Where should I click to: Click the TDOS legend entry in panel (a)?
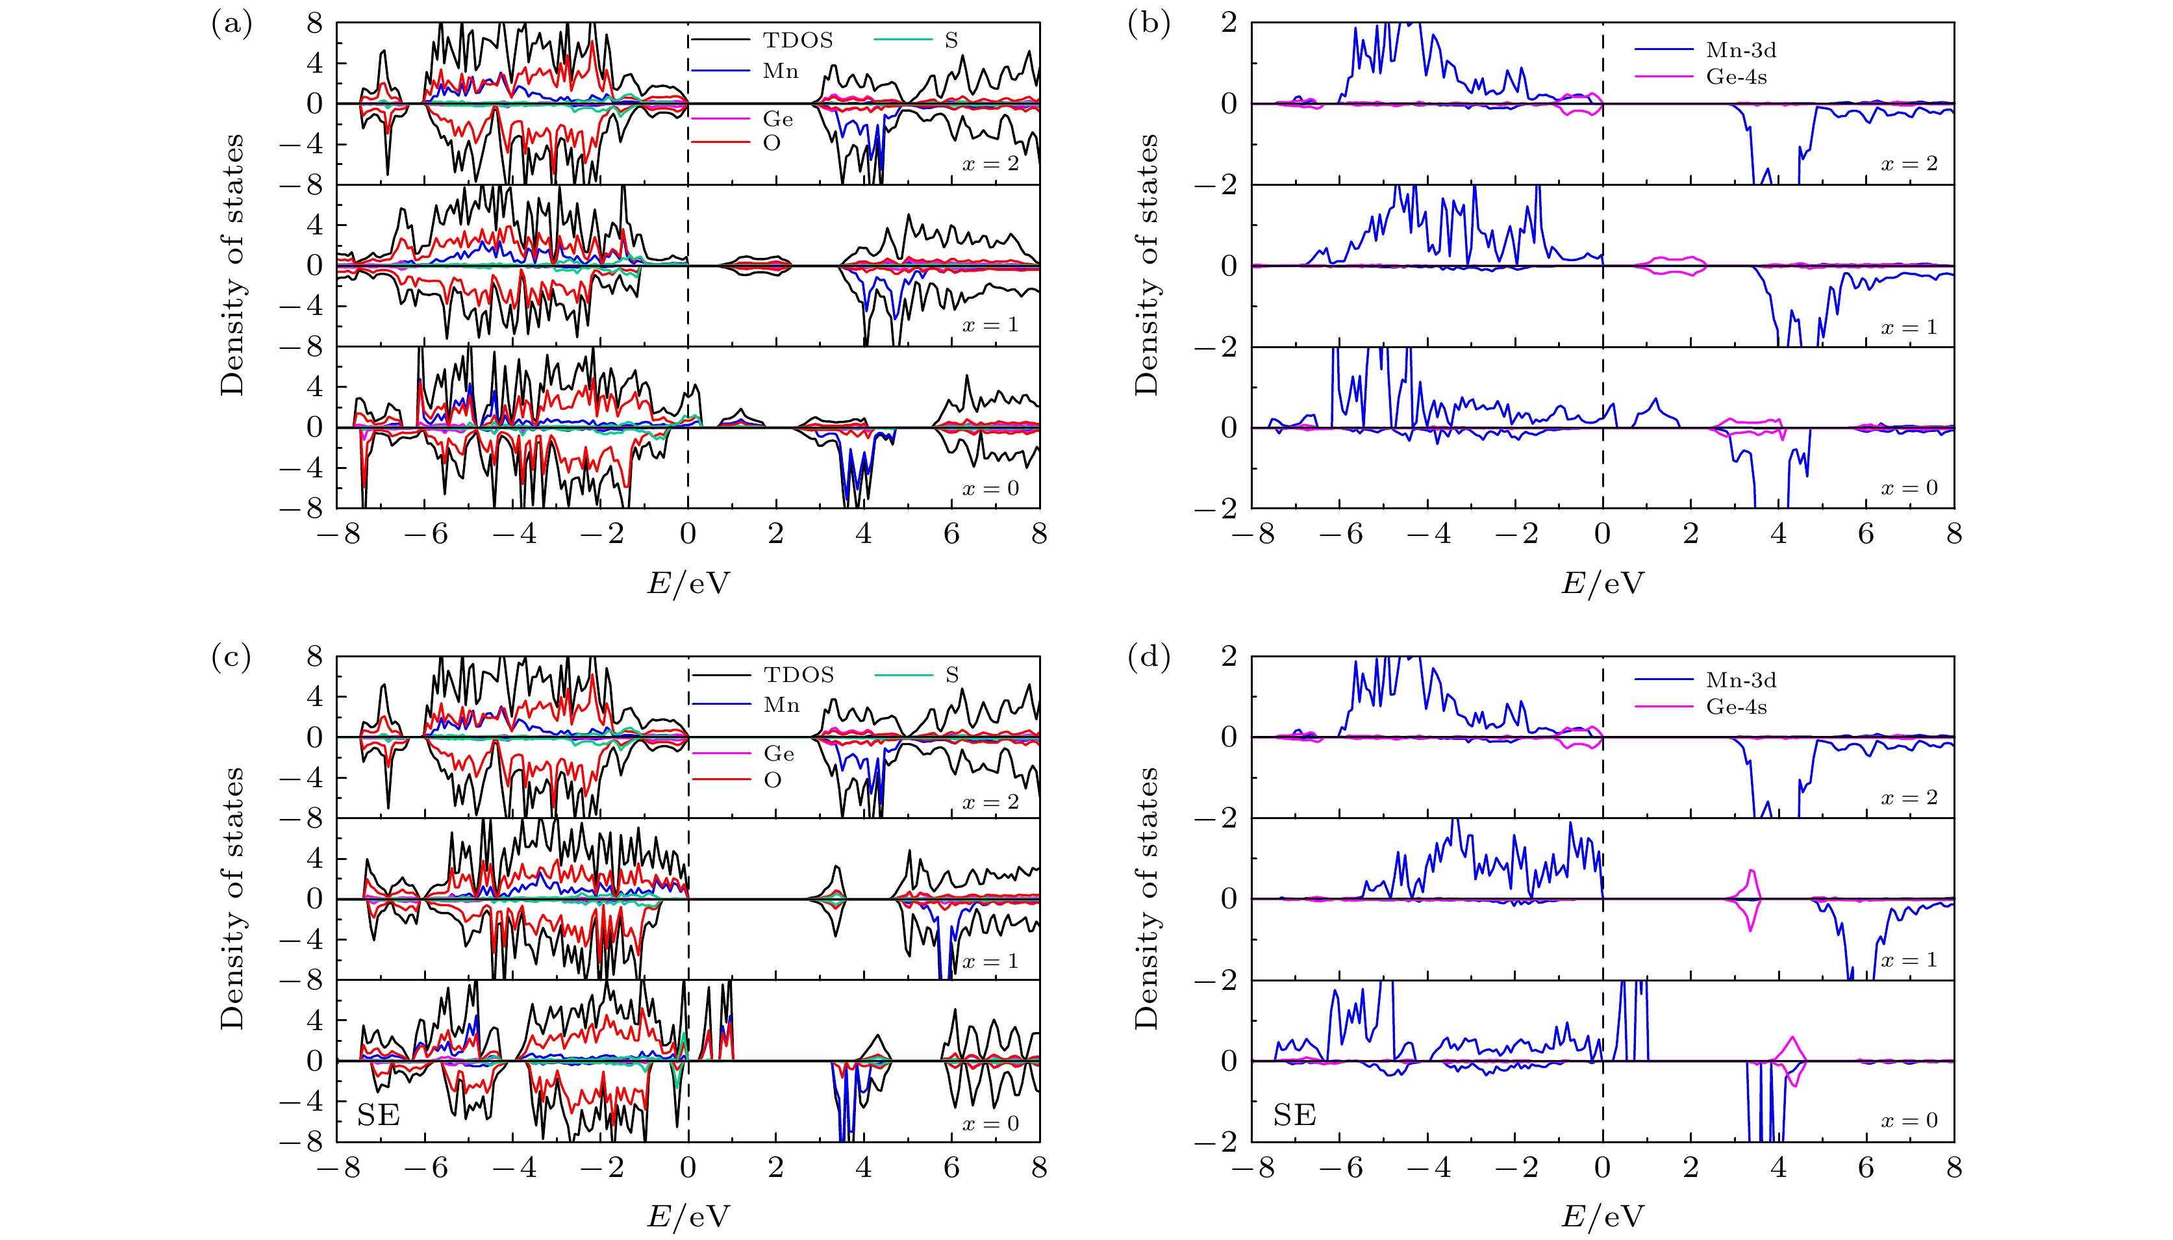797,40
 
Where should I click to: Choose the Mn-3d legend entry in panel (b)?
1740,49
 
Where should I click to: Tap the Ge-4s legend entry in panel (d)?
1735,707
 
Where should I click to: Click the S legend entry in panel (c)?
951,674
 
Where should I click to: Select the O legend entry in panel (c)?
772,780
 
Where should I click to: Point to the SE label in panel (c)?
379,1115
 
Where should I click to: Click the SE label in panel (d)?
1294,1115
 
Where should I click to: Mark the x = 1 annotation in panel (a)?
990,325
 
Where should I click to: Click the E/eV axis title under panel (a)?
688,583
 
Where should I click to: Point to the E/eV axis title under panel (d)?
1603,1216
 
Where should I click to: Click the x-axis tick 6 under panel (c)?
951,1168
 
